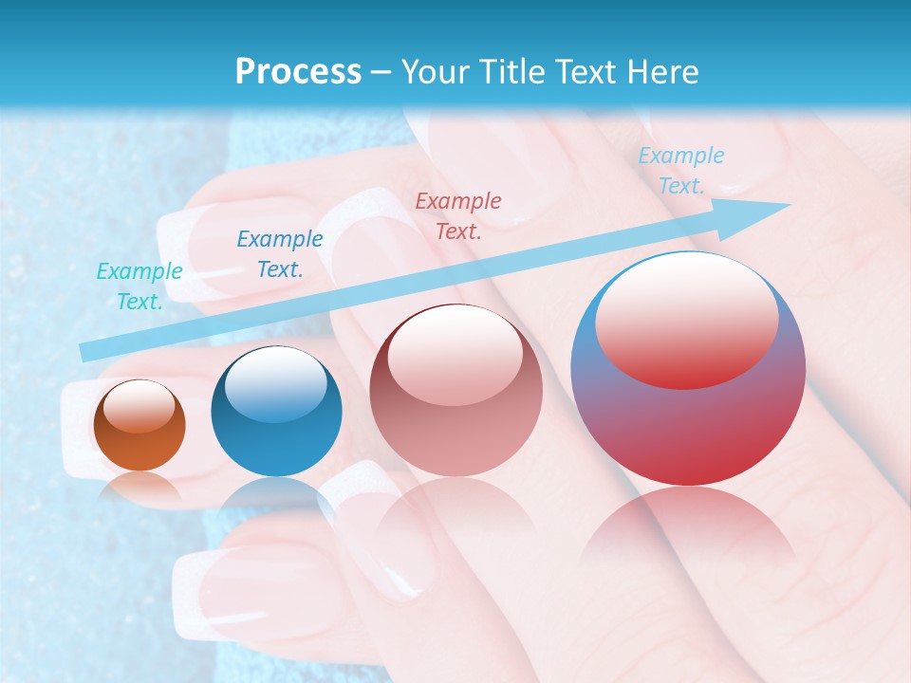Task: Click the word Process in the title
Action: tap(298, 72)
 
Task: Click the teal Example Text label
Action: tap(139, 286)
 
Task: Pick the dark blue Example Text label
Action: tap(279, 253)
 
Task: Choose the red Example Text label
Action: tap(458, 215)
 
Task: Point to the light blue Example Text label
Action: tap(680, 170)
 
